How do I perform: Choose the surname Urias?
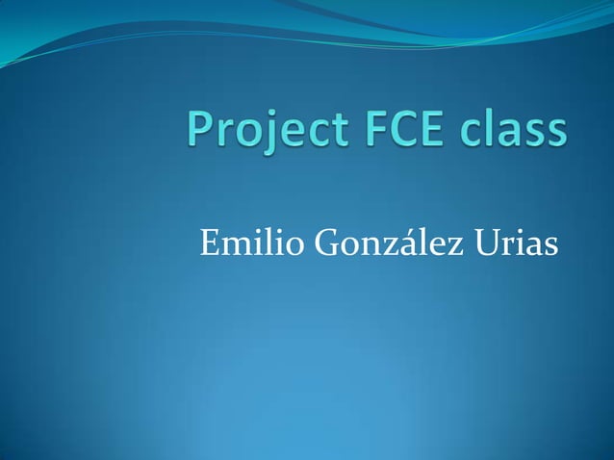tap(516, 244)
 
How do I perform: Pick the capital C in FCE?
tap(401, 130)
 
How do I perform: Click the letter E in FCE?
tap(432, 130)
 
